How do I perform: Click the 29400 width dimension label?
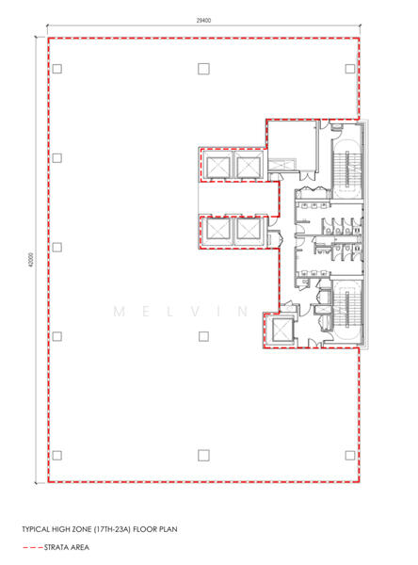point(203,21)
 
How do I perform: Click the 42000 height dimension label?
point(31,260)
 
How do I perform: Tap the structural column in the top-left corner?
point(56,69)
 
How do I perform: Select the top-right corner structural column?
point(350,69)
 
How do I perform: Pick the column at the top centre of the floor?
point(203,69)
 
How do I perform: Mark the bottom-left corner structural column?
point(56,456)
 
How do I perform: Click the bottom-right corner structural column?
point(350,456)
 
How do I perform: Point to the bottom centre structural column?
point(203,456)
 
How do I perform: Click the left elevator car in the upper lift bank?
point(218,166)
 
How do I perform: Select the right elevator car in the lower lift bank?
point(248,229)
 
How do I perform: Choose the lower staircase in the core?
point(347,309)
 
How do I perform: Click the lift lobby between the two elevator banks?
point(238,198)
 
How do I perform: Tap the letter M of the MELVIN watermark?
point(120,312)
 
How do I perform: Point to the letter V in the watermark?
point(195,312)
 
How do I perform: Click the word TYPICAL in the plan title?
point(36,529)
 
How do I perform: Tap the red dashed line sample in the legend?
point(33,548)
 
